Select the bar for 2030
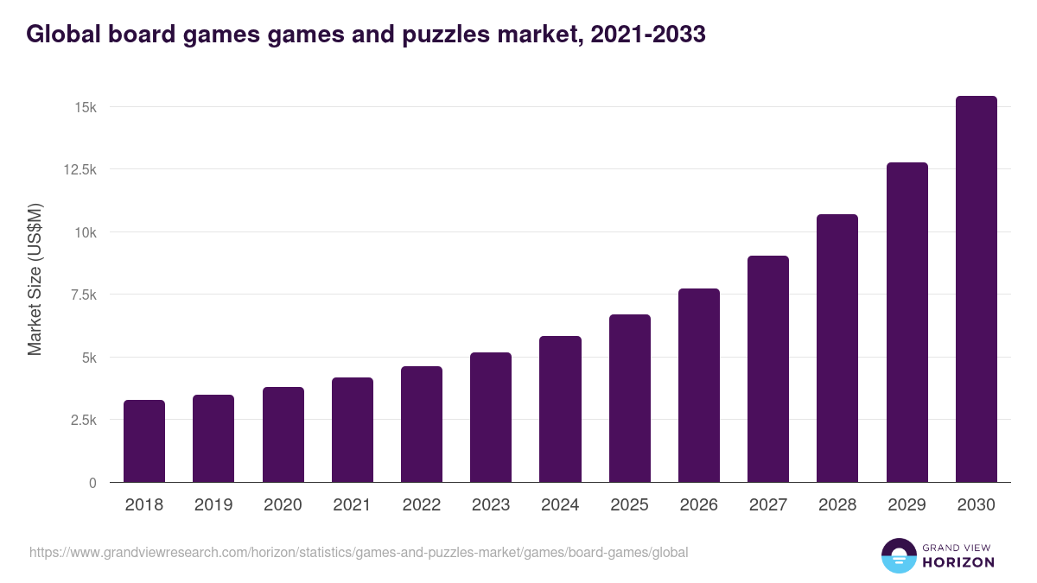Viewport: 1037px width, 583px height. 976,289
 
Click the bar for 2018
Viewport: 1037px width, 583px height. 144,441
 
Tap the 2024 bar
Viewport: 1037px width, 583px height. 560,409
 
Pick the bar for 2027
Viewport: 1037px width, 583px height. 767,369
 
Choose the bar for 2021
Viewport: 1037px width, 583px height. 352,430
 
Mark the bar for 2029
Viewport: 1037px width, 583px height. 907,322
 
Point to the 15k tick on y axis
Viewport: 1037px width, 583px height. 84,107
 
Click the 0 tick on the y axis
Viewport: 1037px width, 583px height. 92,483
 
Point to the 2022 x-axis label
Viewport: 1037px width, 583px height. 422,505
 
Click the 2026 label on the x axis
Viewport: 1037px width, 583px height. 698,505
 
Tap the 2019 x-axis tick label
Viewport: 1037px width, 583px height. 213,505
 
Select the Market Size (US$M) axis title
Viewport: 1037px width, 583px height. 35,279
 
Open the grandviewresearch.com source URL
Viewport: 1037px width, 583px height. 359,552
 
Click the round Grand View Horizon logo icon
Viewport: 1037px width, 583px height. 898,555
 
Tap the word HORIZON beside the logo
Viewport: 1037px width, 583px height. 958,562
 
